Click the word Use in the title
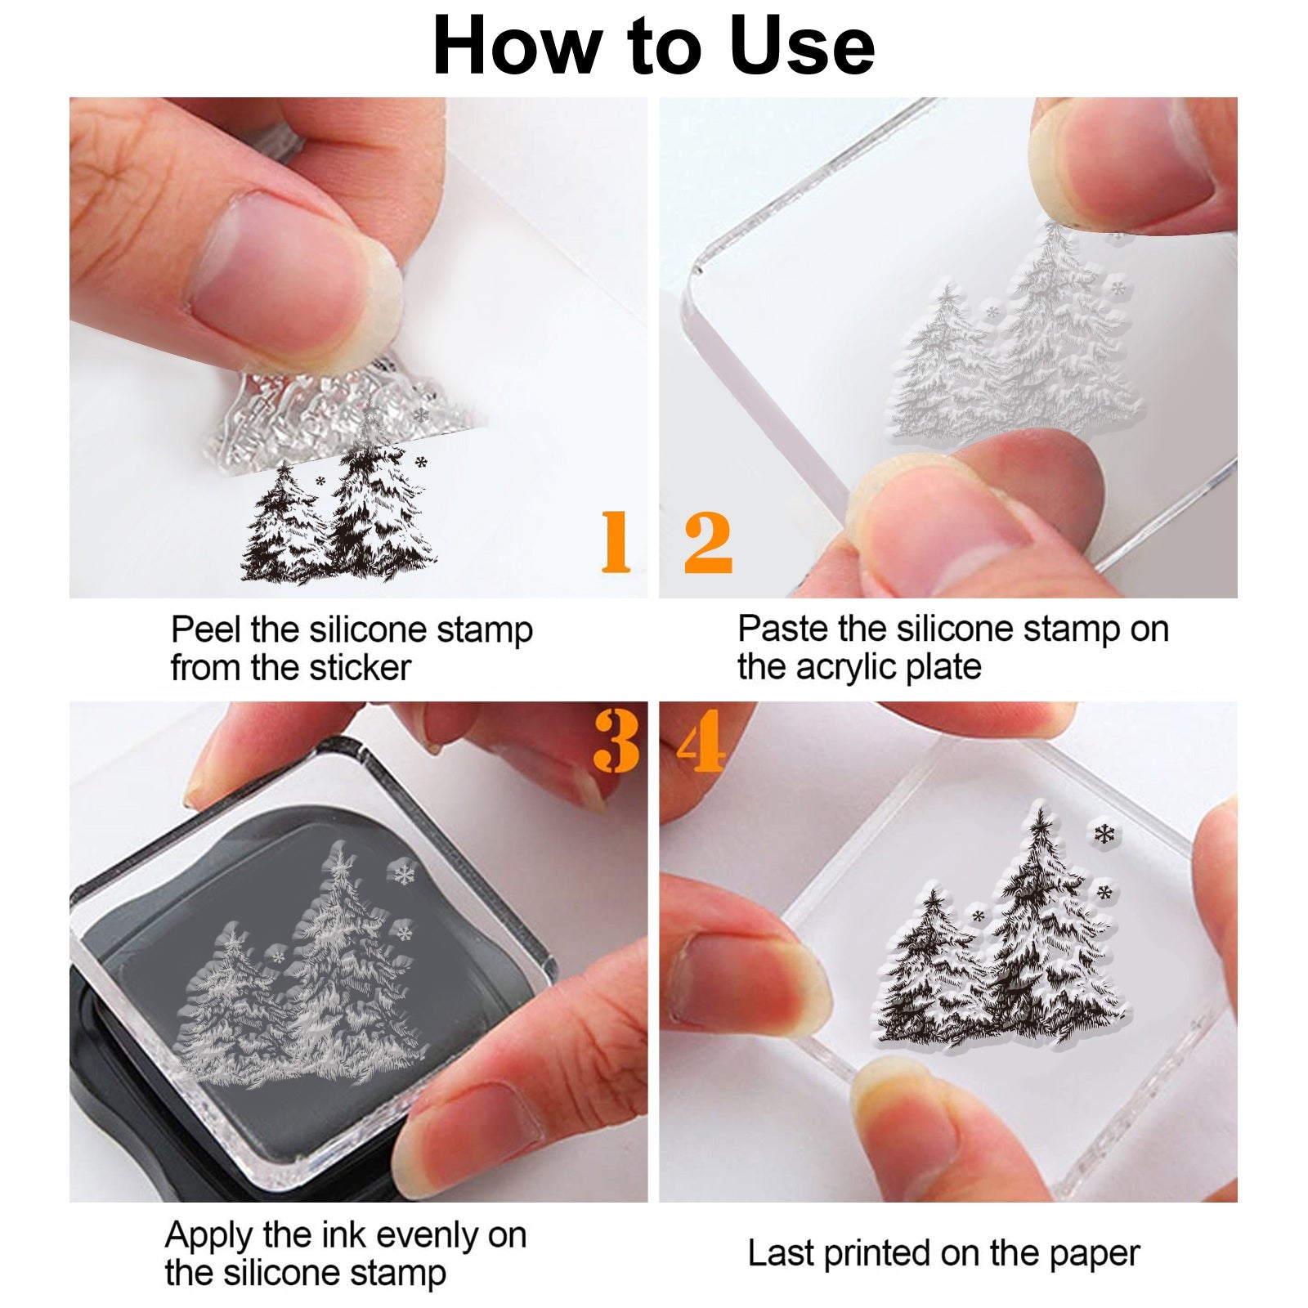[801, 47]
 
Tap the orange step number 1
[616, 541]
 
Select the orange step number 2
[708, 541]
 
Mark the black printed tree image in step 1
[338, 513]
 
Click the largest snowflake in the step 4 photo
[1104, 834]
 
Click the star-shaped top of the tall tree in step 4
[1041, 821]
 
